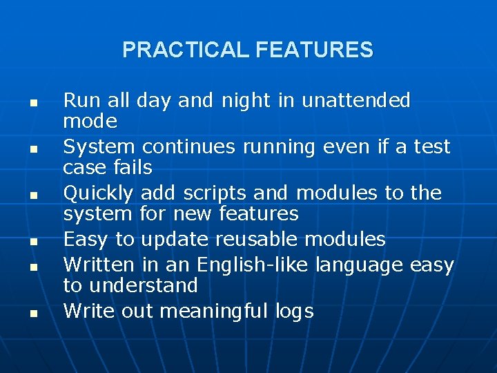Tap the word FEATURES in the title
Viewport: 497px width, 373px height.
click(x=314, y=50)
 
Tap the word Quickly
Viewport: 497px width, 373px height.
click(x=101, y=193)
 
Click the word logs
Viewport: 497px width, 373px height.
click(x=293, y=312)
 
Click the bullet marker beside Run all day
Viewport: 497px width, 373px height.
click(x=32, y=103)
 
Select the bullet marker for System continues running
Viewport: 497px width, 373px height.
click(x=32, y=149)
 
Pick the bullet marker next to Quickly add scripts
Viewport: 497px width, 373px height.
click(x=32, y=195)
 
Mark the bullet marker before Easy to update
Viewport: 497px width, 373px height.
click(x=32, y=242)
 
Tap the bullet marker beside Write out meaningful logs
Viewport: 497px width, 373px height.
click(x=32, y=314)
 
